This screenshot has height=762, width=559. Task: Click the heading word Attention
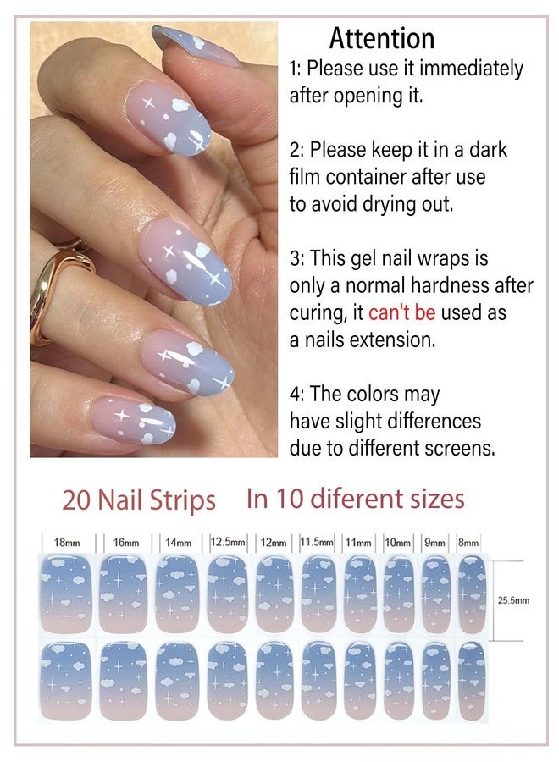tap(382, 38)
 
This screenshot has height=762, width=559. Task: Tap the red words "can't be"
tap(401, 312)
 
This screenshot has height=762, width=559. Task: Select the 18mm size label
tap(67, 543)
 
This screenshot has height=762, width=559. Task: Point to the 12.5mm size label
tap(228, 541)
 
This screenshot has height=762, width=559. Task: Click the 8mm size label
tap(468, 543)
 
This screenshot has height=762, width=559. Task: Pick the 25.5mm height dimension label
tap(513, 600)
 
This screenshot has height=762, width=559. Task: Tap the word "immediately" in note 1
tap(471, 69)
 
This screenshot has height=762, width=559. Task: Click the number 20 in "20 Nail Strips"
tap(77, 500)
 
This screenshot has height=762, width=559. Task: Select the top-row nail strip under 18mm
tap(65, 594)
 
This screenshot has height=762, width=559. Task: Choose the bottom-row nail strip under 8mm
tap(472, 682)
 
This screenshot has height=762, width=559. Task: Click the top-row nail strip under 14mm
tap(177, 594)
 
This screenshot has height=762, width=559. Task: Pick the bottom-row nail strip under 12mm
tap(274, 682)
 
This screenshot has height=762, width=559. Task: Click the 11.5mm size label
tap(317, 542)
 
